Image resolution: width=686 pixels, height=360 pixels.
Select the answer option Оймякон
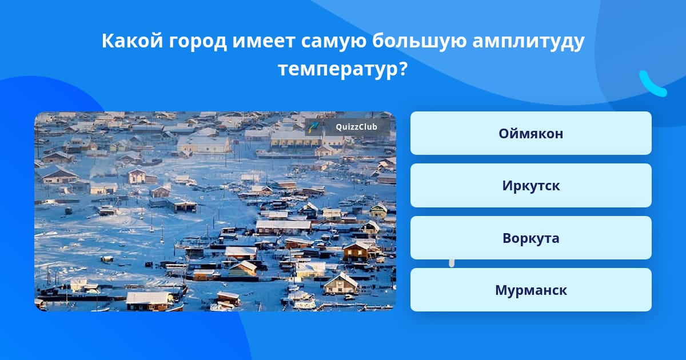(x=531, y=133)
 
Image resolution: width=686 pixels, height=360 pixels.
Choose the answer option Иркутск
(x=531, y=186)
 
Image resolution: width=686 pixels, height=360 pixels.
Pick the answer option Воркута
(x=531, y=238)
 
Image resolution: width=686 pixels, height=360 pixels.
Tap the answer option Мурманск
(x=531, y=290)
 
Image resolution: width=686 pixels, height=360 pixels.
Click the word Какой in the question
(x=132, y=41)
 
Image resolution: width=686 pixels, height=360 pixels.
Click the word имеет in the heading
(x=264, y=42)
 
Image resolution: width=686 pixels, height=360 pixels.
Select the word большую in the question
(x=419, y=42)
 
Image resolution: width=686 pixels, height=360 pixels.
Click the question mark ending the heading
(x=403, y=68)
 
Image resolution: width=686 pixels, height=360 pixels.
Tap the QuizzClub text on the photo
(x=356, y=127)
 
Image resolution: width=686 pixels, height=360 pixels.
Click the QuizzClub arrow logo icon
(x=313, y=127)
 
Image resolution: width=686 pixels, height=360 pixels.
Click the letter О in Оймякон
(x=505, y=134)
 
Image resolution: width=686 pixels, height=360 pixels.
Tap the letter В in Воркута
(x=507, y=238)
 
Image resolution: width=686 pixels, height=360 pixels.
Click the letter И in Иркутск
(x=508, y=186)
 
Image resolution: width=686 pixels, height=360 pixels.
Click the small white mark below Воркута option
(x=452, y=263)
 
